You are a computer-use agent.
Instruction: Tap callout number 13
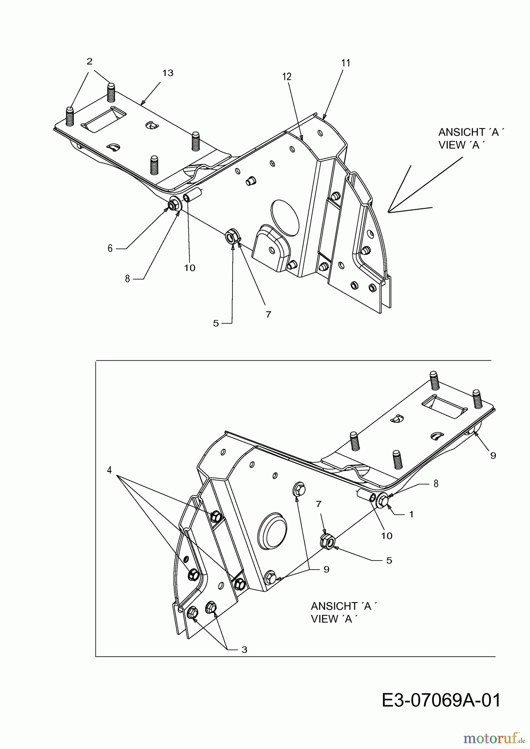click(167, 73)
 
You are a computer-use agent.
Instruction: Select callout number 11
click(346, 63)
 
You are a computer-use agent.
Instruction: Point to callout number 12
click(287, 77)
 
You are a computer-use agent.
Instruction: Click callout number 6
click(110, 248)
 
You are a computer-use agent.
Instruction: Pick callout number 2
click(90, 61)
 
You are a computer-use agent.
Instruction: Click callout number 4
click(109, 470)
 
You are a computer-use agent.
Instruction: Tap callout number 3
click(244, 650)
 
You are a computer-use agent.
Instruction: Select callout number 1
click(411, 514)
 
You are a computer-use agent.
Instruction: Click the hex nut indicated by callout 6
click(171, 205)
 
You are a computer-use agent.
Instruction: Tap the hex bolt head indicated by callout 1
click(386, 503)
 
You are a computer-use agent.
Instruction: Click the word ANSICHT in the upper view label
click(459, 132)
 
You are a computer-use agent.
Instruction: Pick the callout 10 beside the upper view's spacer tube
click(190, 268)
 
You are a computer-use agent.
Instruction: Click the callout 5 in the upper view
click(216, 323)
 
